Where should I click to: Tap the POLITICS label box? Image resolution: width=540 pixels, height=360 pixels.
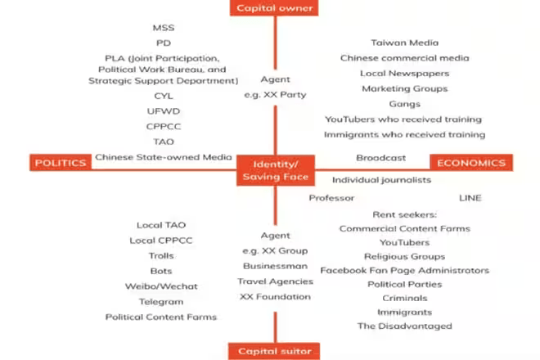(x=60, y=162)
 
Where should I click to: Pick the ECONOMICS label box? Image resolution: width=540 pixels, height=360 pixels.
(x=471, y=162)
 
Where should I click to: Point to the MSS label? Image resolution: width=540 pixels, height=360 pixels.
(x=164, y=28)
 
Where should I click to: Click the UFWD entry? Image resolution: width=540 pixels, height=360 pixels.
(x=164, y=110)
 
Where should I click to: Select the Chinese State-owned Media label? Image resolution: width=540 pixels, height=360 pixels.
(x=163, y=157)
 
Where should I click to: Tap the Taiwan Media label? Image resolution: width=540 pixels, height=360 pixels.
(x=404, y=43)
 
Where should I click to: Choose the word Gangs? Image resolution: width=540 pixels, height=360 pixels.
(x=404, y=104)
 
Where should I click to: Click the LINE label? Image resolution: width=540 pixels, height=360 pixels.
(x=470, y=198)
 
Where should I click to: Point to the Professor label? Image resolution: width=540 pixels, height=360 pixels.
(x=331, y=198)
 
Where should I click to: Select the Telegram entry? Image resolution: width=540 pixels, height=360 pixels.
(x=161, y=301)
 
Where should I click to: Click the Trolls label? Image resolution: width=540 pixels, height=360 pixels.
(x=161, y=255)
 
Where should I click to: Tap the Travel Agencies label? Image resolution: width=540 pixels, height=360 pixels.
(x=275, y=281)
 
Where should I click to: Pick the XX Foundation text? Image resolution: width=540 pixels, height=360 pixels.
(x=275, y=296)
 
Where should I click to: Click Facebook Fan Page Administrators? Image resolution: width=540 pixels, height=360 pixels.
(x=404, y=270)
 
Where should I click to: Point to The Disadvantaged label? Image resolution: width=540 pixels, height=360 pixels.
(x=404, y=326)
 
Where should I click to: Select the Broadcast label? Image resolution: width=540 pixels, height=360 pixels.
(x=380, y=157)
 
